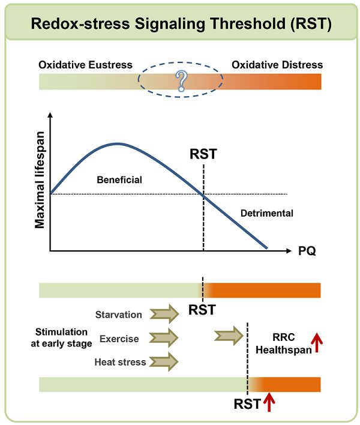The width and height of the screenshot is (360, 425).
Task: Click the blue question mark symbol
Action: point(181,81)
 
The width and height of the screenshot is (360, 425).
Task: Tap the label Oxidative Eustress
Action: point(85,65)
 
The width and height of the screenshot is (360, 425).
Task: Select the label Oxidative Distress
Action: point(277,65)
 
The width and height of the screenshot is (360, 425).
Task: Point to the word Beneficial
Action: point(119,179)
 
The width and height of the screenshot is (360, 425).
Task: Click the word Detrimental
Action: point(267,213)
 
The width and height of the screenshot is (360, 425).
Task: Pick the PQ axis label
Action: point(307,251)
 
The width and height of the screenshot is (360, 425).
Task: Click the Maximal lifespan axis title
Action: point(40,180)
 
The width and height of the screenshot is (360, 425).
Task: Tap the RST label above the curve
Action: point(203,154)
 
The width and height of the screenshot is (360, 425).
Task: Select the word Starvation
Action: point(118,315)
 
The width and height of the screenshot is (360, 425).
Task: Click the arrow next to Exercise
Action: point(164,338)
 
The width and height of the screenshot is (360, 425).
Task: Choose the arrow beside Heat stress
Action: point(164,361)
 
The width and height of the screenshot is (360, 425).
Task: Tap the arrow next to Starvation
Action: point(164,314)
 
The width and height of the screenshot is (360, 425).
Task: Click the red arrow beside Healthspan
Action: point(316,343)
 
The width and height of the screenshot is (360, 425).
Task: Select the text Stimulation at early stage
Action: point(61,338)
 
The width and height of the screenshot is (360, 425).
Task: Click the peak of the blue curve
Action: point(118,143)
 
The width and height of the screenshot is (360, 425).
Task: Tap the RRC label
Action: point(284,337)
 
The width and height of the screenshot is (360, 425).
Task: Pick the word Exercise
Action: point(119,339)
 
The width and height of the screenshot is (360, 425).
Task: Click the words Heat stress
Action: point(120,362)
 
